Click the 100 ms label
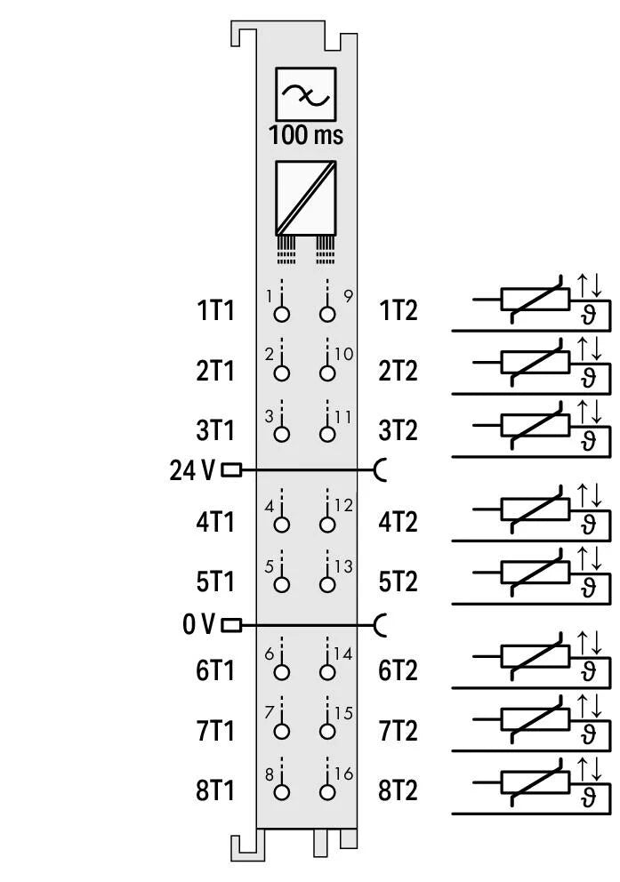pyautogui.click(x=305, y=135)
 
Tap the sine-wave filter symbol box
pyautogui.click(x=305, y=94)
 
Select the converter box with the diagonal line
pyautogui.click(x=305, y=196)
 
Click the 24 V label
pyautogui.click(x=192, y=470)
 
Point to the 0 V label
pyautogui.click(x=198, y=625)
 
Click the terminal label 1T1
pyautogui.click(x=215, y=311)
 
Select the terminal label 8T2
pyautogui.click(x=398, y=790)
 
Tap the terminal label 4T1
pyautogui.click(x=215, y=522)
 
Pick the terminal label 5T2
pyautogui.click(x=398, y=581)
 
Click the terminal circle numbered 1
pyautogui.click(x=282, y=314)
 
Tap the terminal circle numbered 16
pyautogui.click(x=327, y=793)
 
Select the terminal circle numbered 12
pyautogui.click(x=327, y=525)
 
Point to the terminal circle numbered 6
pyautogui.click(x=282, y=673)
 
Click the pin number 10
pyautogui.click(x=343, y=355)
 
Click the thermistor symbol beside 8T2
pyautogui.click(x=535, y=782)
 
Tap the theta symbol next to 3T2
pyautogui.click(x=588, y=442)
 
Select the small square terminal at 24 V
pyautogui.click(x=230, y=470)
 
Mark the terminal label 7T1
pyautogui.click(x=215, y=731)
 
